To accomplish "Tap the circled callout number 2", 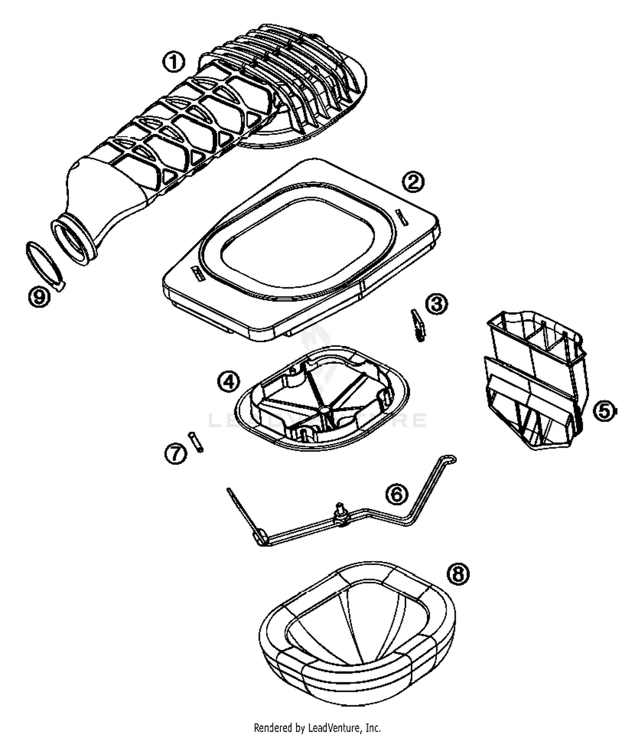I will [412, 182].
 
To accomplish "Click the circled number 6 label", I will [397, 494].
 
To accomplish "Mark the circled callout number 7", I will [175, 454].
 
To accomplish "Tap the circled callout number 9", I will [39, 297].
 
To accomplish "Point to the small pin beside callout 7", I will [196, 441].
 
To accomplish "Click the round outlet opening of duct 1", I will [72, 241].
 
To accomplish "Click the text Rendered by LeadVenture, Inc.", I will [317, 728].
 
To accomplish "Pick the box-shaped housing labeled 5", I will [536, 377].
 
